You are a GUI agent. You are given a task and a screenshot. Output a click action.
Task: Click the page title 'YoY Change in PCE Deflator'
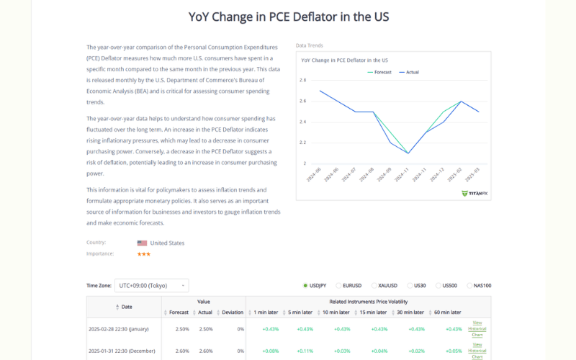pyautogui.click(x=288, y=16)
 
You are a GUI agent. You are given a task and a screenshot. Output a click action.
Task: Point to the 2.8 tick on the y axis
pyautogui.click(x=303, y=81)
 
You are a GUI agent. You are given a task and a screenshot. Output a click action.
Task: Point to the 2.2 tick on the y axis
pyautogui.click(x=303, y=143)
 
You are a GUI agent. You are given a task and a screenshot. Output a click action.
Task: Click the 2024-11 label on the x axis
pyautogui.click(x=405, y=174)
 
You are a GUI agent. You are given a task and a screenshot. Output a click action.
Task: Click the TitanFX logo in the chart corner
pyautogui.click(x=474, y=193)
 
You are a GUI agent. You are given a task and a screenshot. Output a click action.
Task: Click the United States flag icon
pyautogui.click(x=142, y=243)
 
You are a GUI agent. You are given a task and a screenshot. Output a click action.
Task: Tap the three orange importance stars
pyautogui.click(x=144, y=254)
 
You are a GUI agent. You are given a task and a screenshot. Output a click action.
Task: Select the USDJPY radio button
pyautogui.click(x=305, y=286)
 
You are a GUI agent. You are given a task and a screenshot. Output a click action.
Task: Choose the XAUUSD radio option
pyautogui.click(x=374, y=286)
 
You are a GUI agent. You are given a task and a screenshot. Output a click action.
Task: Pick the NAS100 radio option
pyautogui.click(x=469, y=286)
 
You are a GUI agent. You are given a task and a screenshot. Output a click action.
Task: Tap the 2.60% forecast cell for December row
pyautogui.click(x=182, y=351)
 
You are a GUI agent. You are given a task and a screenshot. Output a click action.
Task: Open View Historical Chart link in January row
pyautogui.click(x=477, y=329)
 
